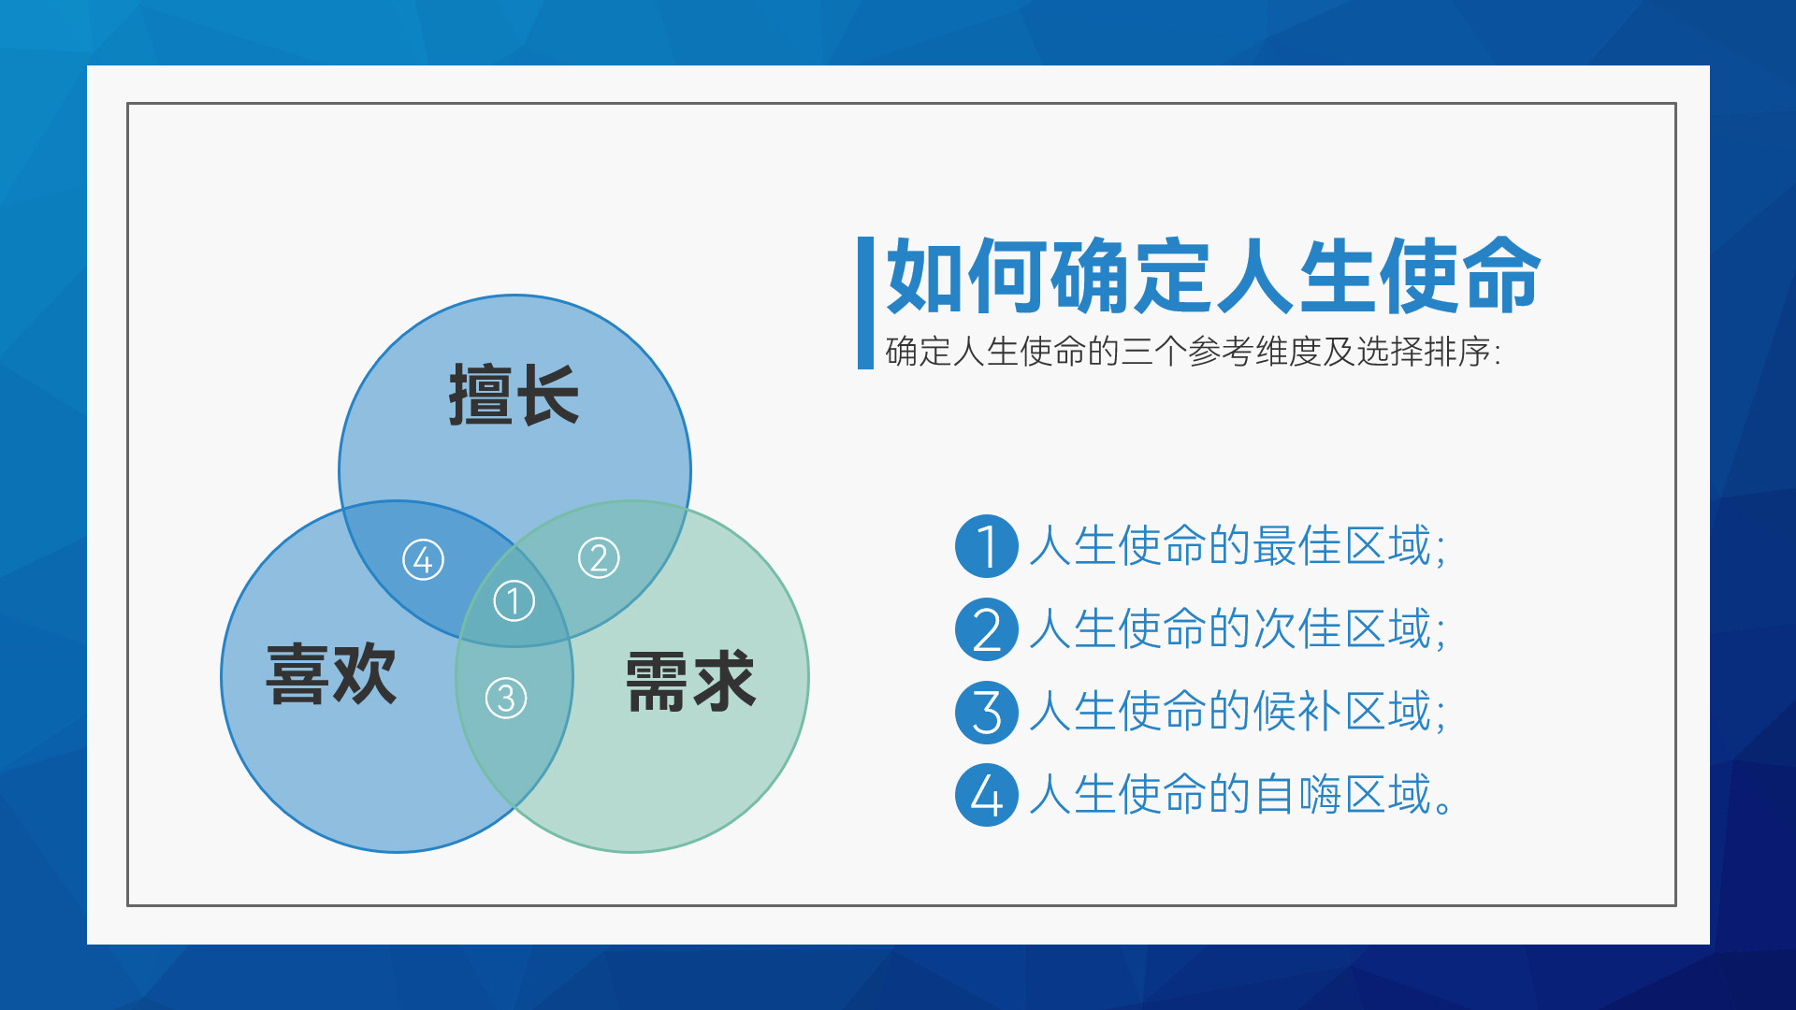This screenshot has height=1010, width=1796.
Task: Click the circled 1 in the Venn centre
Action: click(x=514, y=601)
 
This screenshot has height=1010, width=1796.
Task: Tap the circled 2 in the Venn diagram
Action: click(x=599, y=558)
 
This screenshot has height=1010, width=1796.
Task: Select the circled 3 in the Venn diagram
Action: click(x=506, y=699)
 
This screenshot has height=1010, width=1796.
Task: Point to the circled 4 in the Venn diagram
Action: click(x=423, y=560)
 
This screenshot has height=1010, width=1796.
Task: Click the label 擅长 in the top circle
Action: click(x=514, y=395)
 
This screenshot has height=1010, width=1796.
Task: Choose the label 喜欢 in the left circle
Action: click(x=331, y=674)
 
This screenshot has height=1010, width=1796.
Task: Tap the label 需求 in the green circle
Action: click(x=690, y=682)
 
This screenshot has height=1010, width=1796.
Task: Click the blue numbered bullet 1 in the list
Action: click(x=986, y=546)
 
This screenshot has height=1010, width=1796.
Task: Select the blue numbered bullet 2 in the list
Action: click(x=986, y=629)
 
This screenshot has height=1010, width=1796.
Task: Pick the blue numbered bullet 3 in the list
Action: click(x=986, y=713)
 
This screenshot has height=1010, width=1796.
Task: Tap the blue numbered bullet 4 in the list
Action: click(x=986, y=795)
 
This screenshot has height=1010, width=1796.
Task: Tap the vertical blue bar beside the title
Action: click(x=865, y=303)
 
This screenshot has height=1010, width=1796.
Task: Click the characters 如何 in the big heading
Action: click(x=967, y=276)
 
